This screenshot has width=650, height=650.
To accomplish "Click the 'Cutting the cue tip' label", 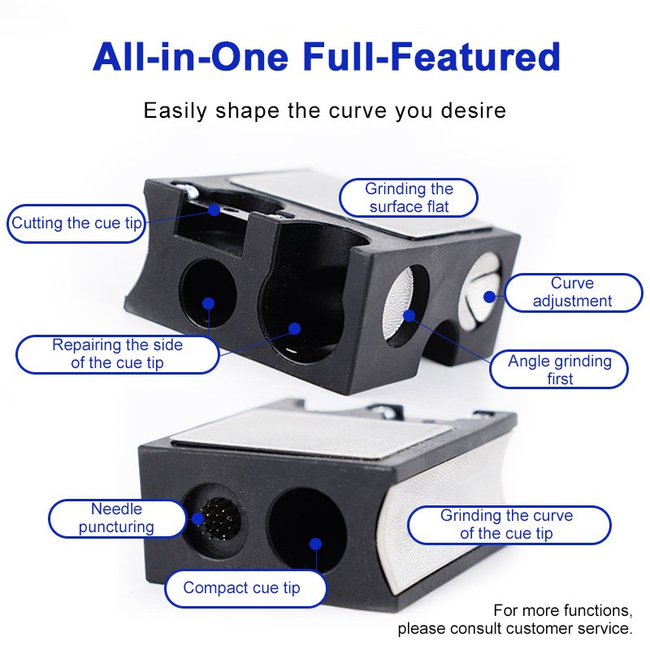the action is pos(76,223).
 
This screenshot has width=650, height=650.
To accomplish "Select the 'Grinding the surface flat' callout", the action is pos(409,197).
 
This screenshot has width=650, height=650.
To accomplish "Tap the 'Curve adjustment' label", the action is pos(574,292).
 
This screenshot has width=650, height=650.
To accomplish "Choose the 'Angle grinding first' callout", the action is pos(559,370).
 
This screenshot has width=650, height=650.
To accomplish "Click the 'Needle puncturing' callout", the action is pos(117,518).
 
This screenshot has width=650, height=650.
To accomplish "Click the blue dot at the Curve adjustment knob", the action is pos(490,297).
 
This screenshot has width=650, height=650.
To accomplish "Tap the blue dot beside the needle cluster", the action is pos(197,518).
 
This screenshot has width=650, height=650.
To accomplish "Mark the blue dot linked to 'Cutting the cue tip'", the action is pos(214,210).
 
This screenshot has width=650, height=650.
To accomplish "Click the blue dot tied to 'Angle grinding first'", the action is pos(409,316).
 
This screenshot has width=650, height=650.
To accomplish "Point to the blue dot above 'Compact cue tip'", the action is pos(315,544).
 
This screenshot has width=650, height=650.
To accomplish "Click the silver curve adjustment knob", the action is pos(480,292).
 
